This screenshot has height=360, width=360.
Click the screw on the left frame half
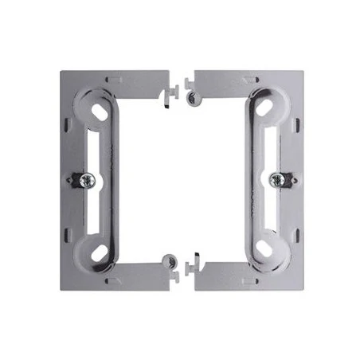click(x=83, y=180)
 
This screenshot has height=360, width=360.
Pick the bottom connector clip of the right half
click(x=192, y=266)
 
